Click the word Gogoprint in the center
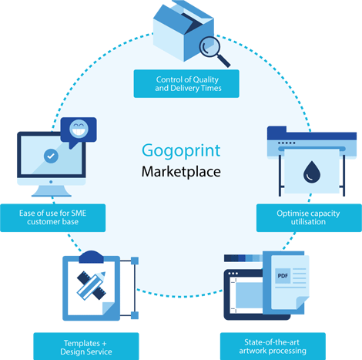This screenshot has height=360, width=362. pos(181,151)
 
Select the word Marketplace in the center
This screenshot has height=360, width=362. pos(181,172)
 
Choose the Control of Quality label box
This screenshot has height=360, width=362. pos(186,84)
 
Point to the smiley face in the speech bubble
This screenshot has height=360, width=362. pos(79,129)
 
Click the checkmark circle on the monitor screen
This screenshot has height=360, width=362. pos(51,156)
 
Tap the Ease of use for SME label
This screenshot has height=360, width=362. pos(53,218)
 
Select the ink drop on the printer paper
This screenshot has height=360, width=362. pos(312,172)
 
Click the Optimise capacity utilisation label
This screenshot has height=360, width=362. pos(309,218)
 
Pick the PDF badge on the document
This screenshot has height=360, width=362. pos(283,276)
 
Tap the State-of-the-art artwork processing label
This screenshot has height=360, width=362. pos(273,346)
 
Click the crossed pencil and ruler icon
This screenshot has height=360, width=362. pos(92,285)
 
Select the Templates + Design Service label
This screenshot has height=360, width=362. pos(86,346)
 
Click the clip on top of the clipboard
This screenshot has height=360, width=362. pos(91,257)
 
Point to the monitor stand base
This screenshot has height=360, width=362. pos(52,191)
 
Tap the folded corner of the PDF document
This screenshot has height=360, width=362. pos(303,302)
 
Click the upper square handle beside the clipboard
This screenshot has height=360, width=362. pos(135,261)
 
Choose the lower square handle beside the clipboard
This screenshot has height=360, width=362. pos(135,315)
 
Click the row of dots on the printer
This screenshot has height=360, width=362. pos(287,143)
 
